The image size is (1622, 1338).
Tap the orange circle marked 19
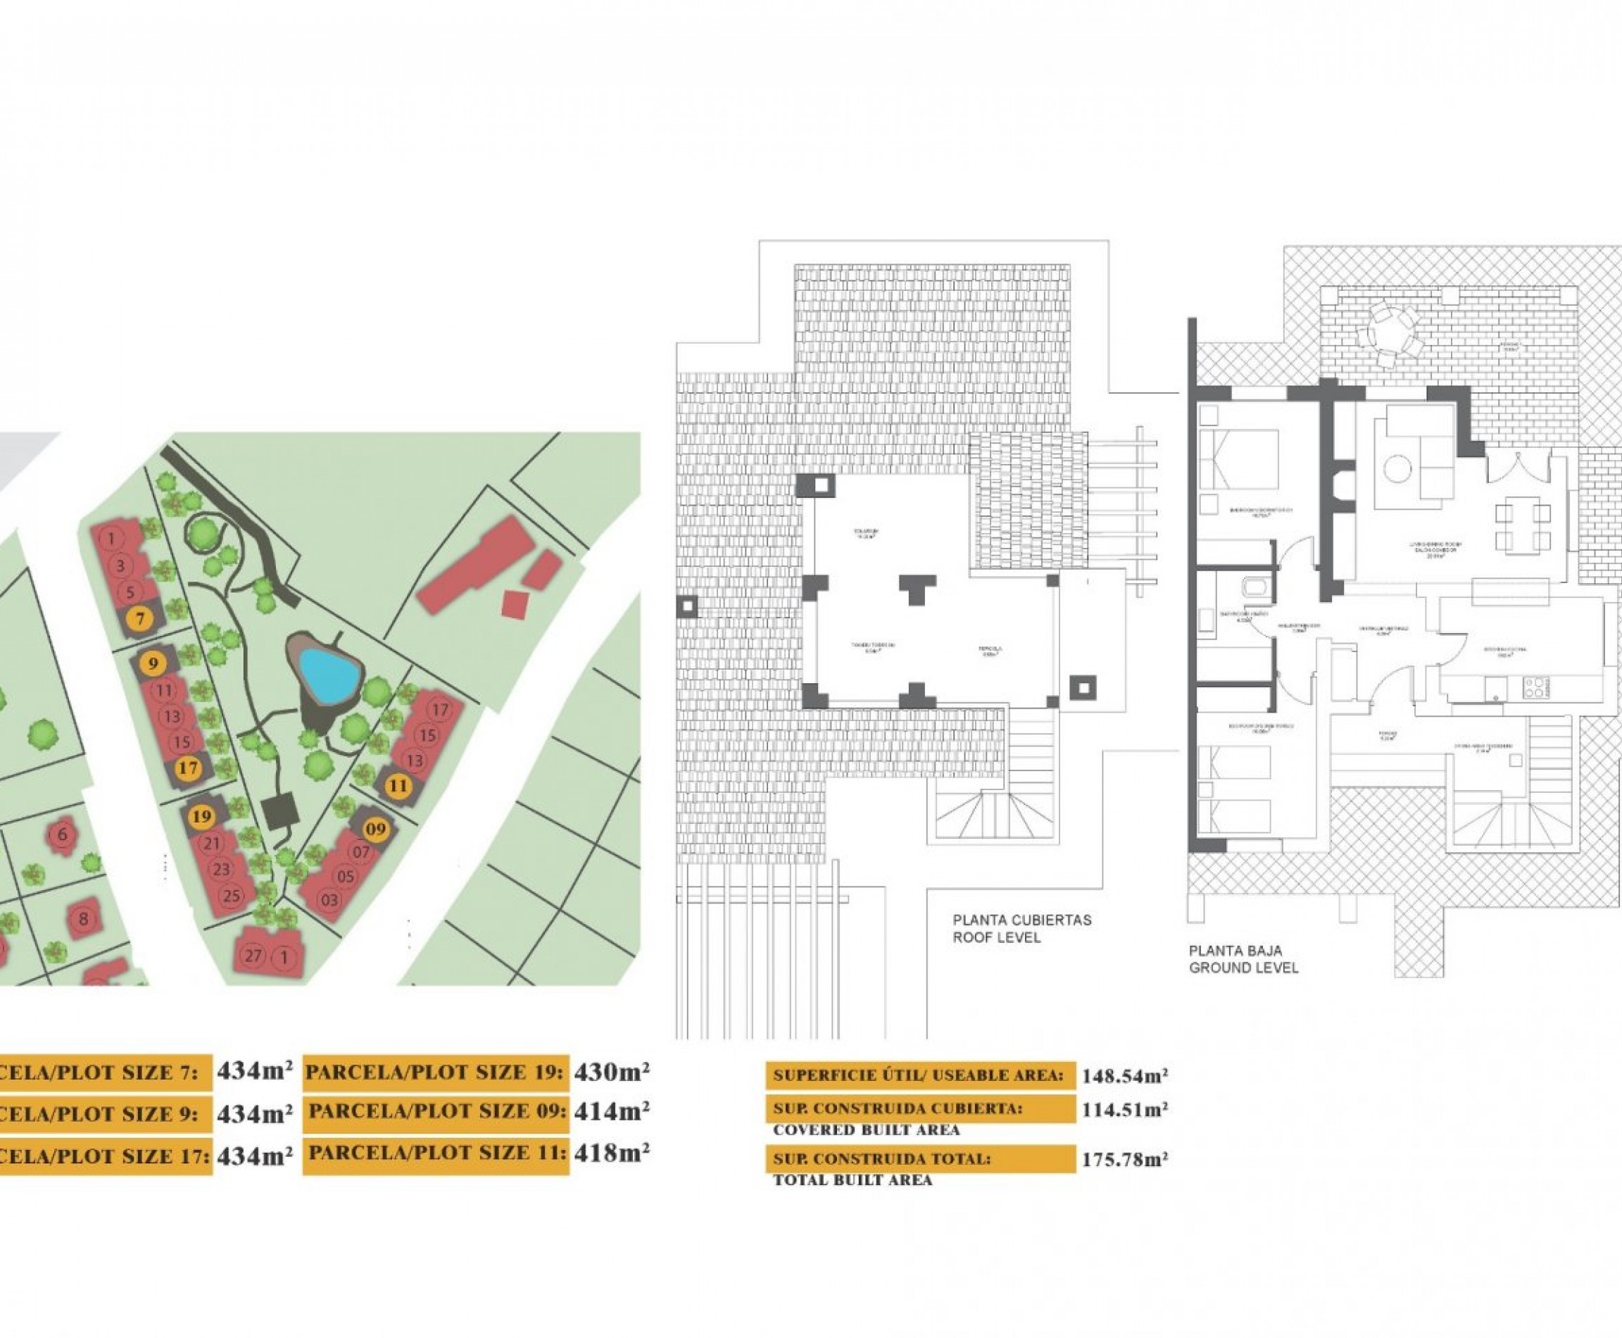[202, 816]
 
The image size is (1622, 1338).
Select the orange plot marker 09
[376, 830]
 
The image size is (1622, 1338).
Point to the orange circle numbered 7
[139, 618]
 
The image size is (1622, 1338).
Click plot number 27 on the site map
[252, 956]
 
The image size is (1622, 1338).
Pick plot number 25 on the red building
[230, 896]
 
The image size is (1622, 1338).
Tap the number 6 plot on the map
[63, 834]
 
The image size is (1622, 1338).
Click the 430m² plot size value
[611, 1072]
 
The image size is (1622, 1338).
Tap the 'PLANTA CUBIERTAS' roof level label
[1021, 920]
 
